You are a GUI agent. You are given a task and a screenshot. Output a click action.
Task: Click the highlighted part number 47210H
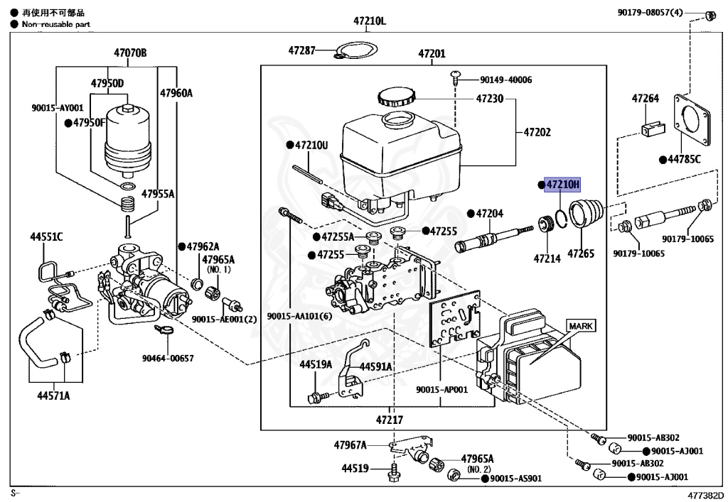562,185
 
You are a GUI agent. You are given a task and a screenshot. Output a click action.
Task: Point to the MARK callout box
581,326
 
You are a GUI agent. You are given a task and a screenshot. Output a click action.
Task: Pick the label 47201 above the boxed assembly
432,53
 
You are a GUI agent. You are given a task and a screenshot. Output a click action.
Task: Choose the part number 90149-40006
505,80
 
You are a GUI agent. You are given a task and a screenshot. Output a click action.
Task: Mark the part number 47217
390,419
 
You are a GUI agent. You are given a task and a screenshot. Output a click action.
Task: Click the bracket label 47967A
350,445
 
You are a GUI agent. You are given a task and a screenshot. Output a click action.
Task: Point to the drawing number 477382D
704,494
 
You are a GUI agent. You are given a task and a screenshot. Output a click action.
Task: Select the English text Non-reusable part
56,24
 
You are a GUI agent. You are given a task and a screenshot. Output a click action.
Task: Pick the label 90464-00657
168,359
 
